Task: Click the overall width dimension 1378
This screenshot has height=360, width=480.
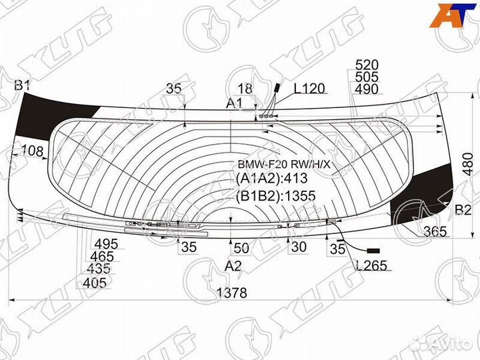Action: point(232,293)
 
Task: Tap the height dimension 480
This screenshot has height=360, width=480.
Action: point(469,164)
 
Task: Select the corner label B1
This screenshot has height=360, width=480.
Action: point(23,85)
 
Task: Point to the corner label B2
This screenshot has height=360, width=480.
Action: point(463,210)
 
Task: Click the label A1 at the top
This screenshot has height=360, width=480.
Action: point(234,103)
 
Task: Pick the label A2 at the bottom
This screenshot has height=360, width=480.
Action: point(233,266)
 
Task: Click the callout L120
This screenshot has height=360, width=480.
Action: point(309,89)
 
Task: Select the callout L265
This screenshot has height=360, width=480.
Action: point(371,265)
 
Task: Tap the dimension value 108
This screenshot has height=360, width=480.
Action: point(32,151)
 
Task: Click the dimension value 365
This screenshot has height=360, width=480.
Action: point(435,231)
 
